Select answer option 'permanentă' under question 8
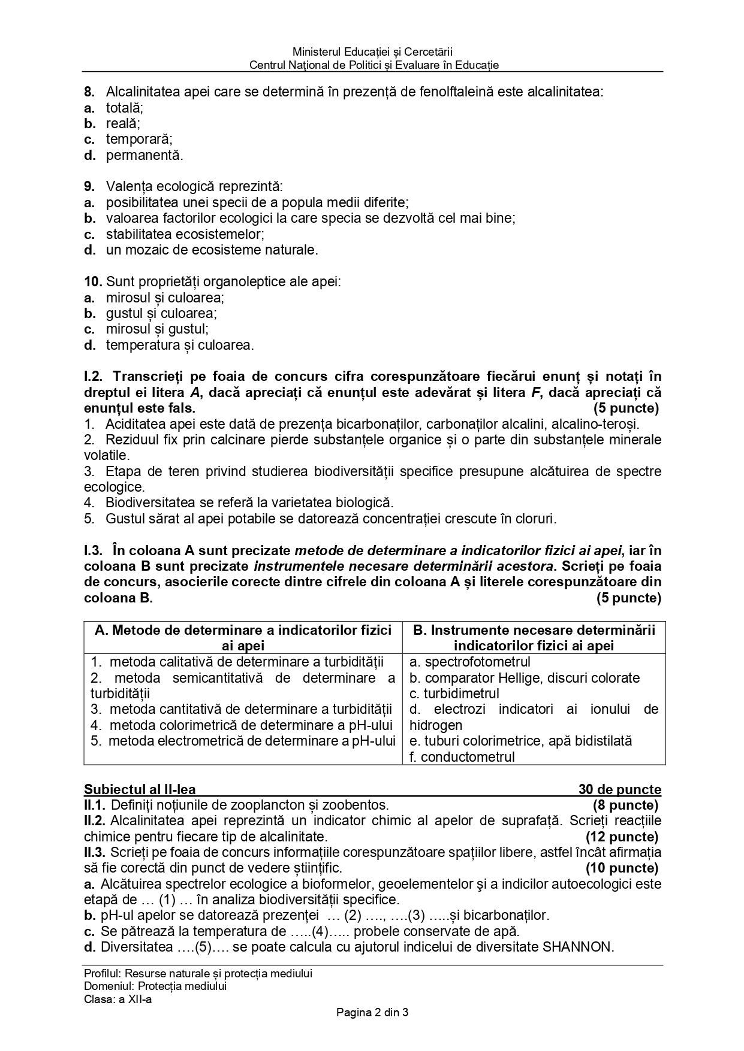point(144,156)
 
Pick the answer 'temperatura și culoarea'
point(180,345)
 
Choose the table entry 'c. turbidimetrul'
point(454,693)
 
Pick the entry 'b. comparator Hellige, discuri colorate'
point(525,678)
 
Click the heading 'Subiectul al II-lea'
point(140,790)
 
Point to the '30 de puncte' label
point(619,790)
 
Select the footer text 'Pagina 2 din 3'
point(372,1013)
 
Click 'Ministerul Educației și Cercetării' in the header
point(372,52)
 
